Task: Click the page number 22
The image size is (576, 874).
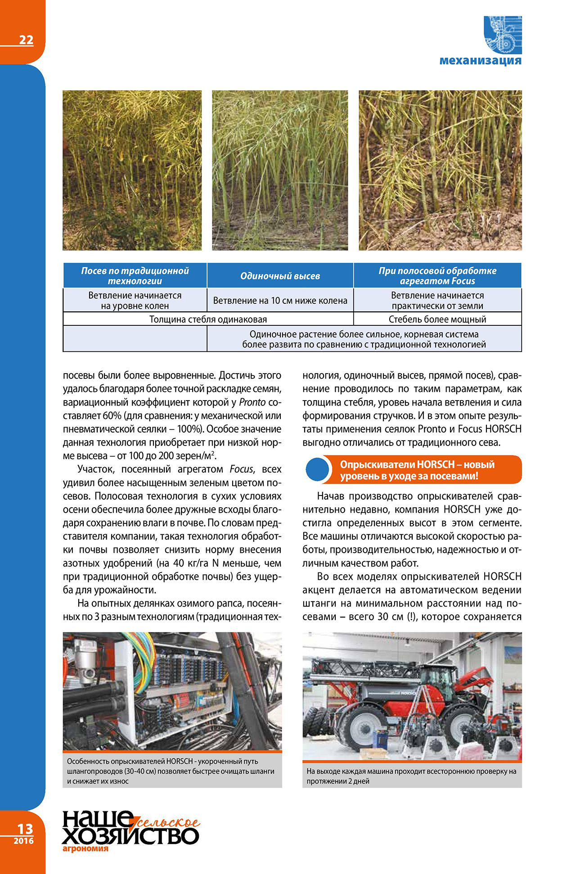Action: coord(26,40)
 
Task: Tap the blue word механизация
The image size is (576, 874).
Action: coord(480,60)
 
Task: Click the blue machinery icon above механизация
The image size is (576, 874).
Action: coord(503,35)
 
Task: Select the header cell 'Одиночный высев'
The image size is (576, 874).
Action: coord(280,276)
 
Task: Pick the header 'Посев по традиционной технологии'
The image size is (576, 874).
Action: coord(135,276)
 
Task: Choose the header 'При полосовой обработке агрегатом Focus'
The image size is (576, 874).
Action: coord(437,276)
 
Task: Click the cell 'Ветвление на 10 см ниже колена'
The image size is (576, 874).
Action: coord(280,301)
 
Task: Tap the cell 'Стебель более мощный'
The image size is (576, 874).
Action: coord(437,320)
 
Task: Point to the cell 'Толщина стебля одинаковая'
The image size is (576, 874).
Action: coord(208,320)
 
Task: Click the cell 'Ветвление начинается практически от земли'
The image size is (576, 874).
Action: coord(437,301)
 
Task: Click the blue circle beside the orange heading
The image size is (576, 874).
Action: coord(317,469)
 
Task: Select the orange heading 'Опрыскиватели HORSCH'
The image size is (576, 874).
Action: coord(417,470)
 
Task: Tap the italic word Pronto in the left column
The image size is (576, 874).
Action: coord(252,402)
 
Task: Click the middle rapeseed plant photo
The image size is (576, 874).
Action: coord(280,170)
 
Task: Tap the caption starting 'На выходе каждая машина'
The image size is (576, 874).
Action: coord(411,776)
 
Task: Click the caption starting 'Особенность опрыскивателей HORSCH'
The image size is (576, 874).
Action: coord(171,771)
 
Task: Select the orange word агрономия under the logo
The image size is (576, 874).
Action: coord(85,849)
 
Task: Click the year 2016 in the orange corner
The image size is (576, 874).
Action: coord(23,841)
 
